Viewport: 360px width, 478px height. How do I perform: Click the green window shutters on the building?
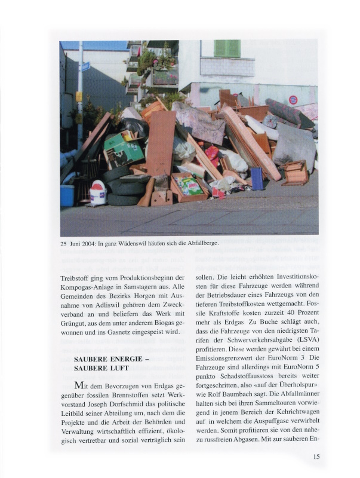point(227,48)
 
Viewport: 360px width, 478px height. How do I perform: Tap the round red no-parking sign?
point(293,100)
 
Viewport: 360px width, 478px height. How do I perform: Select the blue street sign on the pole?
point(85,66)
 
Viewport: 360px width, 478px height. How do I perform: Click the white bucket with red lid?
point(98,192)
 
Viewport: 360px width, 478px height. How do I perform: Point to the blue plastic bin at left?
point(67,195)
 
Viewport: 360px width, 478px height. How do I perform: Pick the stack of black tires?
point(123,185)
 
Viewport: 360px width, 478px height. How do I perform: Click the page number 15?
point(316,457)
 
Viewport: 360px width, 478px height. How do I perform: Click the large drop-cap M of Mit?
point(82,385)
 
